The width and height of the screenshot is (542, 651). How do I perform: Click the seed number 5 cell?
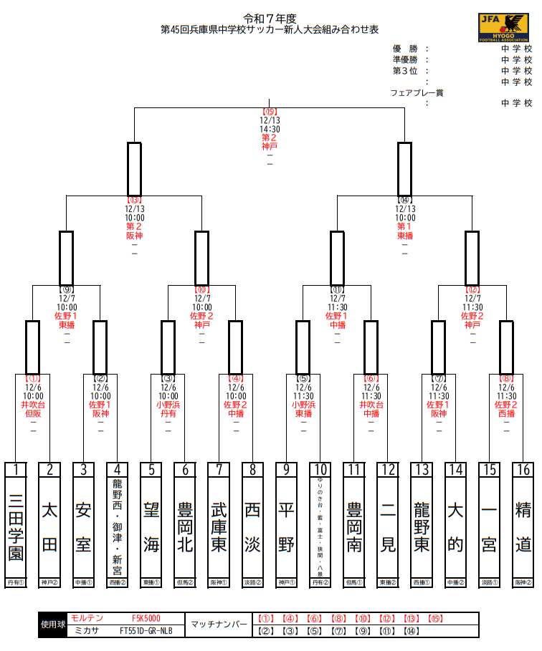pos(151,470)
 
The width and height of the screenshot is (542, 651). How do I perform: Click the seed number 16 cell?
pos(523,470)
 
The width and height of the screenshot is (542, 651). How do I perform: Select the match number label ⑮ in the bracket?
pos(270,112)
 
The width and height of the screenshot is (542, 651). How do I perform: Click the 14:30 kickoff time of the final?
pos(270,130)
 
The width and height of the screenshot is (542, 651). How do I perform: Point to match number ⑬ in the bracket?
pos(134,201)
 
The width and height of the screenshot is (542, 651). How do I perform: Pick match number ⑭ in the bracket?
pos(405,201)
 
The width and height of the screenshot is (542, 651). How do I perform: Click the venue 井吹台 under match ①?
pos(33,405)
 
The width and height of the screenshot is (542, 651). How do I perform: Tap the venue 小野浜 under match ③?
pos(168,405)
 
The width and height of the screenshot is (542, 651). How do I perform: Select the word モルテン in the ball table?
pos(87,618)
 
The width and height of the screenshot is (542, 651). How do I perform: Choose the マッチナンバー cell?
pos(219,625)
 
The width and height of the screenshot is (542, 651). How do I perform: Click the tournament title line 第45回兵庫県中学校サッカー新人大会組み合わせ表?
pos(270,30)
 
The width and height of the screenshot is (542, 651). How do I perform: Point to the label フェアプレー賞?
pos(417,92)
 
